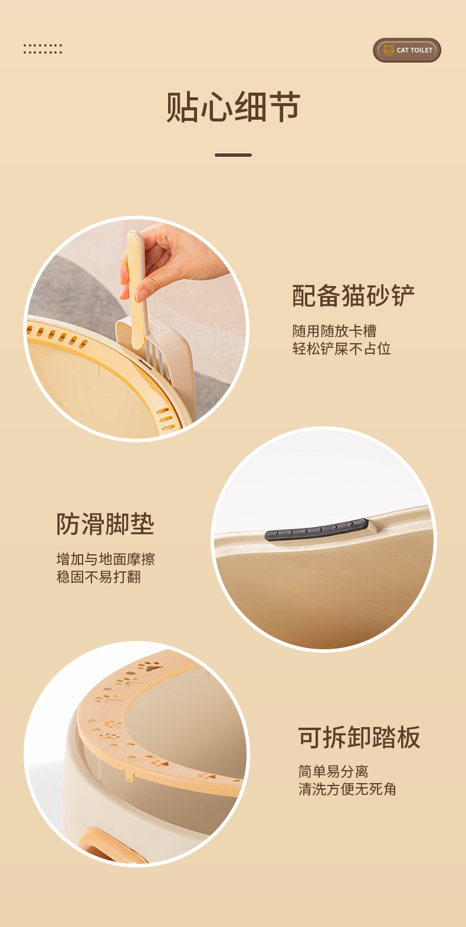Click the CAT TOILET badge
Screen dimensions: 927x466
[x=407, y=50]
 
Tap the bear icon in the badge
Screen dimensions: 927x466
[x=388, y=50]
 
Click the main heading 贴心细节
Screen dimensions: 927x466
[x=233, y=107]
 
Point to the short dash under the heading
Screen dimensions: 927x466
[x=233, y=155]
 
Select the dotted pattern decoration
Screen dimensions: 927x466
[x=42, y=48]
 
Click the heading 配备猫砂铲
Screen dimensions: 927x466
[x=353, y=295]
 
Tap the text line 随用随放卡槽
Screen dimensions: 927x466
[x=334, y=331]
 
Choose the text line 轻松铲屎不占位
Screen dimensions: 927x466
[x=342, y=349]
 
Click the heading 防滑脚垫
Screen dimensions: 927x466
[x=105, y=524]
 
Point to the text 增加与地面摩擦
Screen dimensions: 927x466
[x=105, y=559]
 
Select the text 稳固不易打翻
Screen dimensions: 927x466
[x=99, y=577]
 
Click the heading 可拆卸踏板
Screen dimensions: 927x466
[x=359, y=737]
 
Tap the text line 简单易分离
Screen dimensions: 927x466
[x=333, y=771]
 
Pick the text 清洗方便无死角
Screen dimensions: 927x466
[x=347, y=789]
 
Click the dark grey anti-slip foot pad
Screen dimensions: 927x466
[x=317, y=530]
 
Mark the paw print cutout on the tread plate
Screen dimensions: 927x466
[x=152, y=667]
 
